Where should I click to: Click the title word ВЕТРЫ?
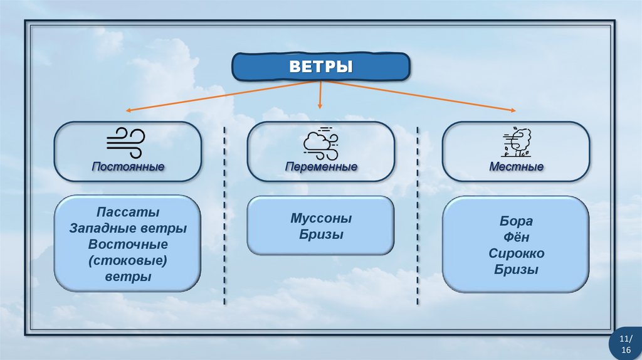(x=320, y=66)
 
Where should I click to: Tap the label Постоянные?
(x=128, y=167)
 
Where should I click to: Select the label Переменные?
(x=321, y=167)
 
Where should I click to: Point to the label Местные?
(x=516, y=167)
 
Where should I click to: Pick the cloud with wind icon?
(x=320, y=142)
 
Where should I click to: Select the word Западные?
(x=102, y=228)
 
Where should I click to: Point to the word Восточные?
(x=128, y=244)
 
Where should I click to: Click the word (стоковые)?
(x=128, y=260)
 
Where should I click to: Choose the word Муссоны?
(x=321, y=219)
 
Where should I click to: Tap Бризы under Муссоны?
(x=321, y=235)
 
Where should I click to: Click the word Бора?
(x=516, y=221)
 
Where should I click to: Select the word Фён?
(x=516, y=237)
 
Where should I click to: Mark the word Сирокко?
(x=516, y=253)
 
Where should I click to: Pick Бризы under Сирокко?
(x=516, y=270)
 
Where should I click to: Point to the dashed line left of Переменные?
(x=224, y=213)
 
